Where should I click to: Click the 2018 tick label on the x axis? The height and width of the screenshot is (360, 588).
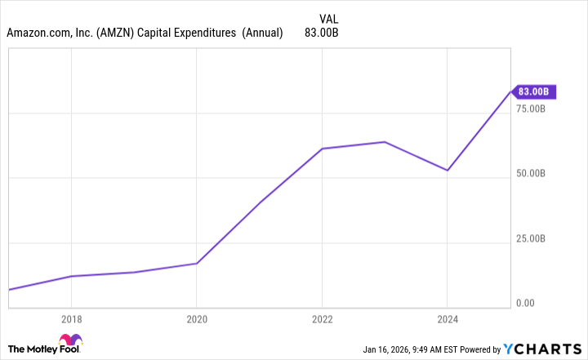tap(72, 319)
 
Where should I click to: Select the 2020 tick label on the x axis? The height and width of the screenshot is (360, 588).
tap(197, 319)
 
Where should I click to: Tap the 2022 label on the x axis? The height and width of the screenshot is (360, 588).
tap(322, 319)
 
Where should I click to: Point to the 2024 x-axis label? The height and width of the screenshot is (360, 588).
tap(447, 319)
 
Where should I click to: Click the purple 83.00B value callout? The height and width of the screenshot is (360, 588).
tap(537, 91)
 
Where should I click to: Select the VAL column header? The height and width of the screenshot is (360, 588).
tap(327, 17)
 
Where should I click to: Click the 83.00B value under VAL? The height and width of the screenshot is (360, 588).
tap(321, 33)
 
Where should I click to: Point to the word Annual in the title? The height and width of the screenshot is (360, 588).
tap(263, 33)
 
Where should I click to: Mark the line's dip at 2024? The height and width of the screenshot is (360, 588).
tap(447, 170)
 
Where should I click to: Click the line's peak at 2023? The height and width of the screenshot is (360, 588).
tap(385, 142)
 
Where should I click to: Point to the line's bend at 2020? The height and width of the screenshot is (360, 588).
tap(197, 263)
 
